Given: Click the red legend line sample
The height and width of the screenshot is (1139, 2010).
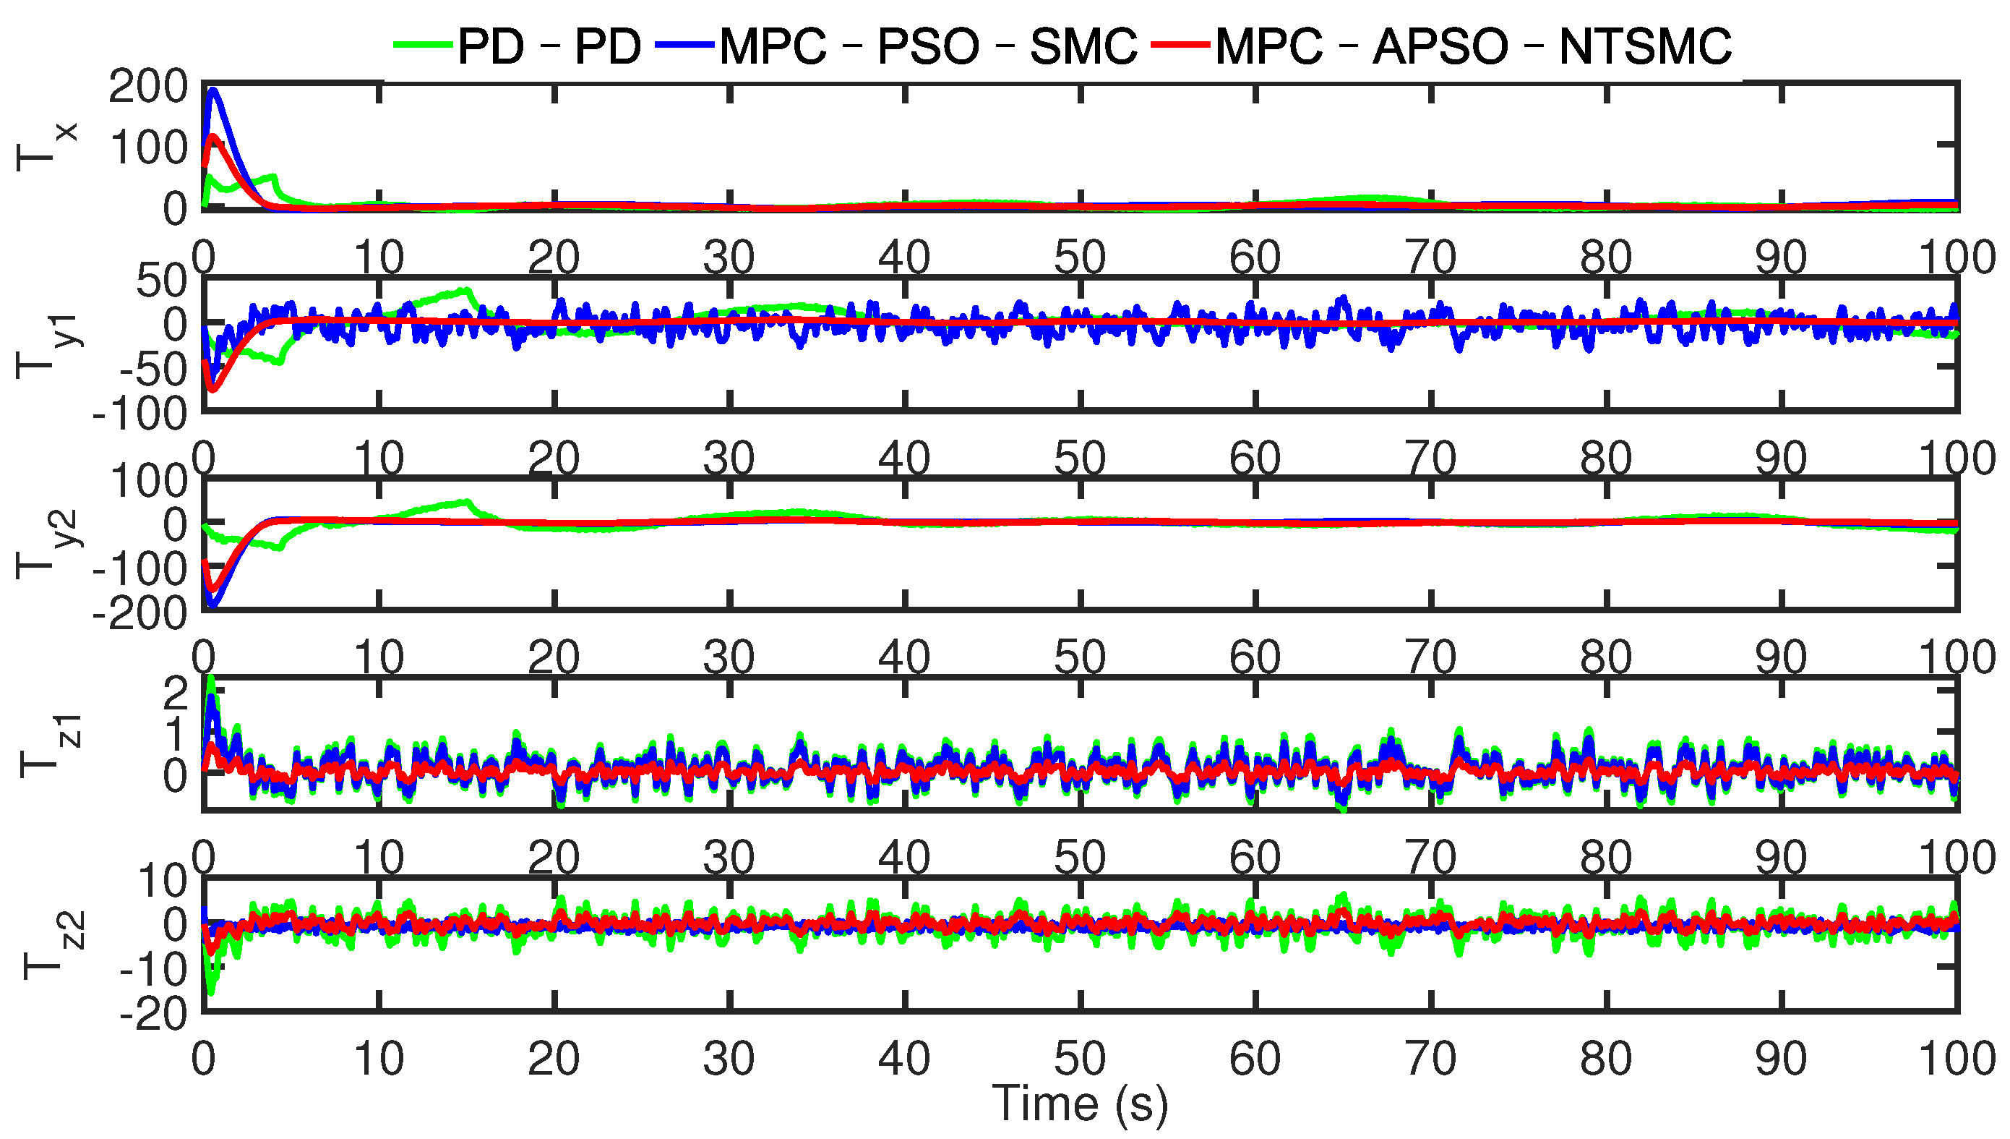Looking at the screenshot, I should pos(1182,46).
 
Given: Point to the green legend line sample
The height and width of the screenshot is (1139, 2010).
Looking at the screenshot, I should pos(424,46).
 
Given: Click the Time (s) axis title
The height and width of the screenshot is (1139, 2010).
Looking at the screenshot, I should pos(1080,1104).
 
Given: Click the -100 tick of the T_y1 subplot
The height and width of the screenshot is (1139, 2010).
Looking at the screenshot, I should pos(141,413).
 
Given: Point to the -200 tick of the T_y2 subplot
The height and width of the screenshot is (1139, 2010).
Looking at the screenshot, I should pos(141,613).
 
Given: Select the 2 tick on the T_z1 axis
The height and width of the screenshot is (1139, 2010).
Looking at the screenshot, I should pos(176,693).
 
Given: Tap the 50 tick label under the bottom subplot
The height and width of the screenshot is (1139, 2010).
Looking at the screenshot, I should pos(1080,1059).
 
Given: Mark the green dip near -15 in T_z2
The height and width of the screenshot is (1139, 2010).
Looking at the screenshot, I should pos(210,992).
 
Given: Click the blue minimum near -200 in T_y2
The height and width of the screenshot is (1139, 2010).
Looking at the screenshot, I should pos(212,604).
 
